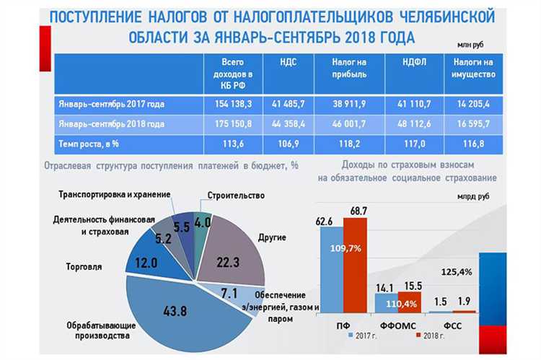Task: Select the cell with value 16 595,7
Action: [473, 124]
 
